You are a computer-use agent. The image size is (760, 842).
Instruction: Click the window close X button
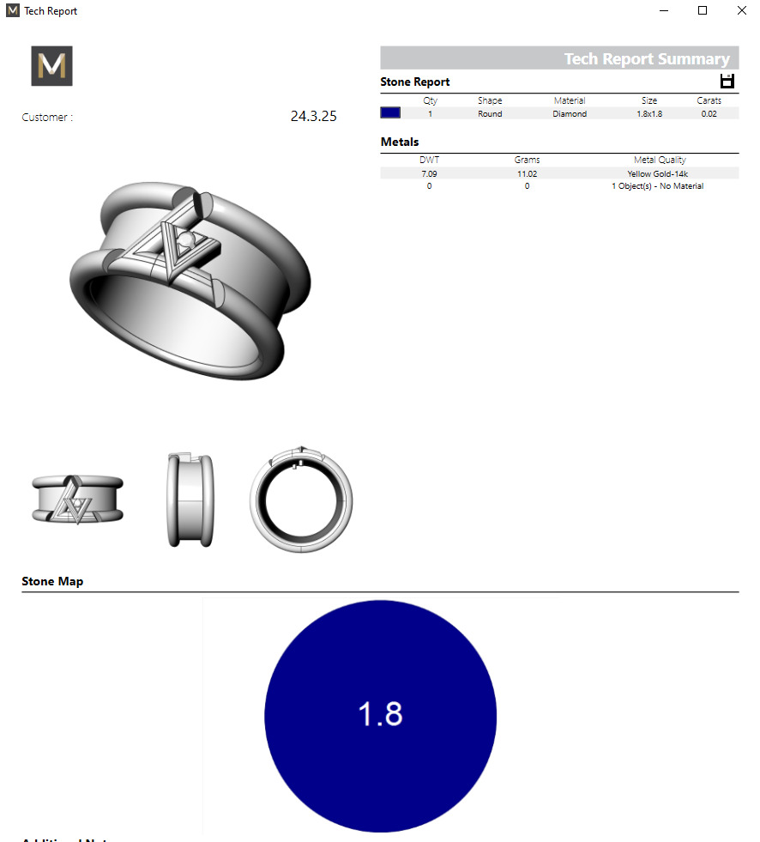[741, 10]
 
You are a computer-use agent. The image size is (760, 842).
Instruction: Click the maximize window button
[703, 10]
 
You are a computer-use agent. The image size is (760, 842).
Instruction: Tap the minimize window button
[664, 10]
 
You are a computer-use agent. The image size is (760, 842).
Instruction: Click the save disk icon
[727, 82]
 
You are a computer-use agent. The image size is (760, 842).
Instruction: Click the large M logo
[52, 66]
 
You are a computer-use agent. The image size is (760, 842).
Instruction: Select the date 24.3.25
[313, 117]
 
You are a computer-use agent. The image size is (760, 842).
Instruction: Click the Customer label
[47, 118]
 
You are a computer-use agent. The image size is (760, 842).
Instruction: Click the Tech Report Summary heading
[646, 59]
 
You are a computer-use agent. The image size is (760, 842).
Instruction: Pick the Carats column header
[709, 100]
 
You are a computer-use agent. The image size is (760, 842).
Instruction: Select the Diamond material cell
[570, 113]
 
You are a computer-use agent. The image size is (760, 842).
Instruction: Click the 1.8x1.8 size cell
[649, 113]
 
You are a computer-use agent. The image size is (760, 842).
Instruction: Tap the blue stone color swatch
[390, 112]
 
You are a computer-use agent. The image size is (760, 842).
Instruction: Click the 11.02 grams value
[527, 173]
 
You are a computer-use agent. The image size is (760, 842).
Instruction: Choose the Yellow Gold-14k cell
[658, 173]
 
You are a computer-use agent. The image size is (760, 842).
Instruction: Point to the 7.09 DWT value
[429, 173]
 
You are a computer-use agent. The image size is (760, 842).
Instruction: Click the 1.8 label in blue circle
[380, 714]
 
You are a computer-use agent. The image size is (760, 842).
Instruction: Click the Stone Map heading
[52, 581]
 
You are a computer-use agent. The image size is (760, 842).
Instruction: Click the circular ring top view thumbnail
[301, 497]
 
